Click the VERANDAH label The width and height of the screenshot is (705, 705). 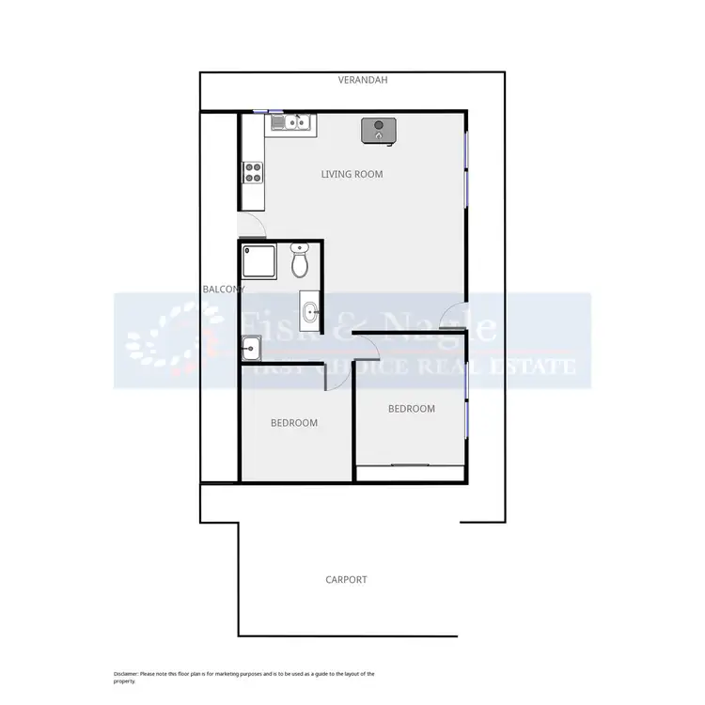point(363,81)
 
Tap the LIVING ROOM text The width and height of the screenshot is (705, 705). point(352,174)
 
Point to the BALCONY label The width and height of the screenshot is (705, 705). point(223,290)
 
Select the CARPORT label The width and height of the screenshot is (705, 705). point(346,580)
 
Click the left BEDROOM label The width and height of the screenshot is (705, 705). point(293,423)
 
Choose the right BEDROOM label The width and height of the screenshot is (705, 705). point(412,409)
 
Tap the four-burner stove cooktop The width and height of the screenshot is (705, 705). point(253,171)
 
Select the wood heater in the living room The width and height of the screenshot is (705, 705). point(378,131)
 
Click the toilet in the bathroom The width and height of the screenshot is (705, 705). point(301,261)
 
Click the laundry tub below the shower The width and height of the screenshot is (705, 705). point(251,350)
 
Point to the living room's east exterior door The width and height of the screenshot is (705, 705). point(453,320)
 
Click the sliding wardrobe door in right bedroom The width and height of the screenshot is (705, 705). point(411,465)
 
